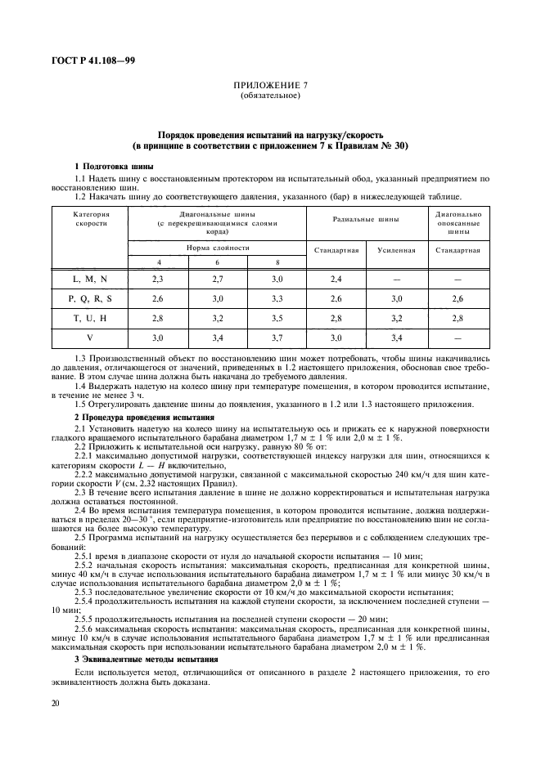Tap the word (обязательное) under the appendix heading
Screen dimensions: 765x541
pyautogui.click(x=269, y=96)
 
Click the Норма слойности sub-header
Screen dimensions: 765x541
pyautogui.click(x=217, y=247)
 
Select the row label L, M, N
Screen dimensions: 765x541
pyautogui.click(x=91, y=279)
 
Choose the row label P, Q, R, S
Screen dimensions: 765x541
pyautogui.click(x=91, y=298)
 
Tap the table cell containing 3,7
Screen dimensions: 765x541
pyautogui.click(x=277, y=337)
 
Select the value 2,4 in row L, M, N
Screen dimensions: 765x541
pyautogui.click(x=336, y=279)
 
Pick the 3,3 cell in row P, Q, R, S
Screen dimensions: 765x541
pyautogui.click(x=277, y=298)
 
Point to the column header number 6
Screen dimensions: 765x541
pyautogui.click(x=217, y=262)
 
